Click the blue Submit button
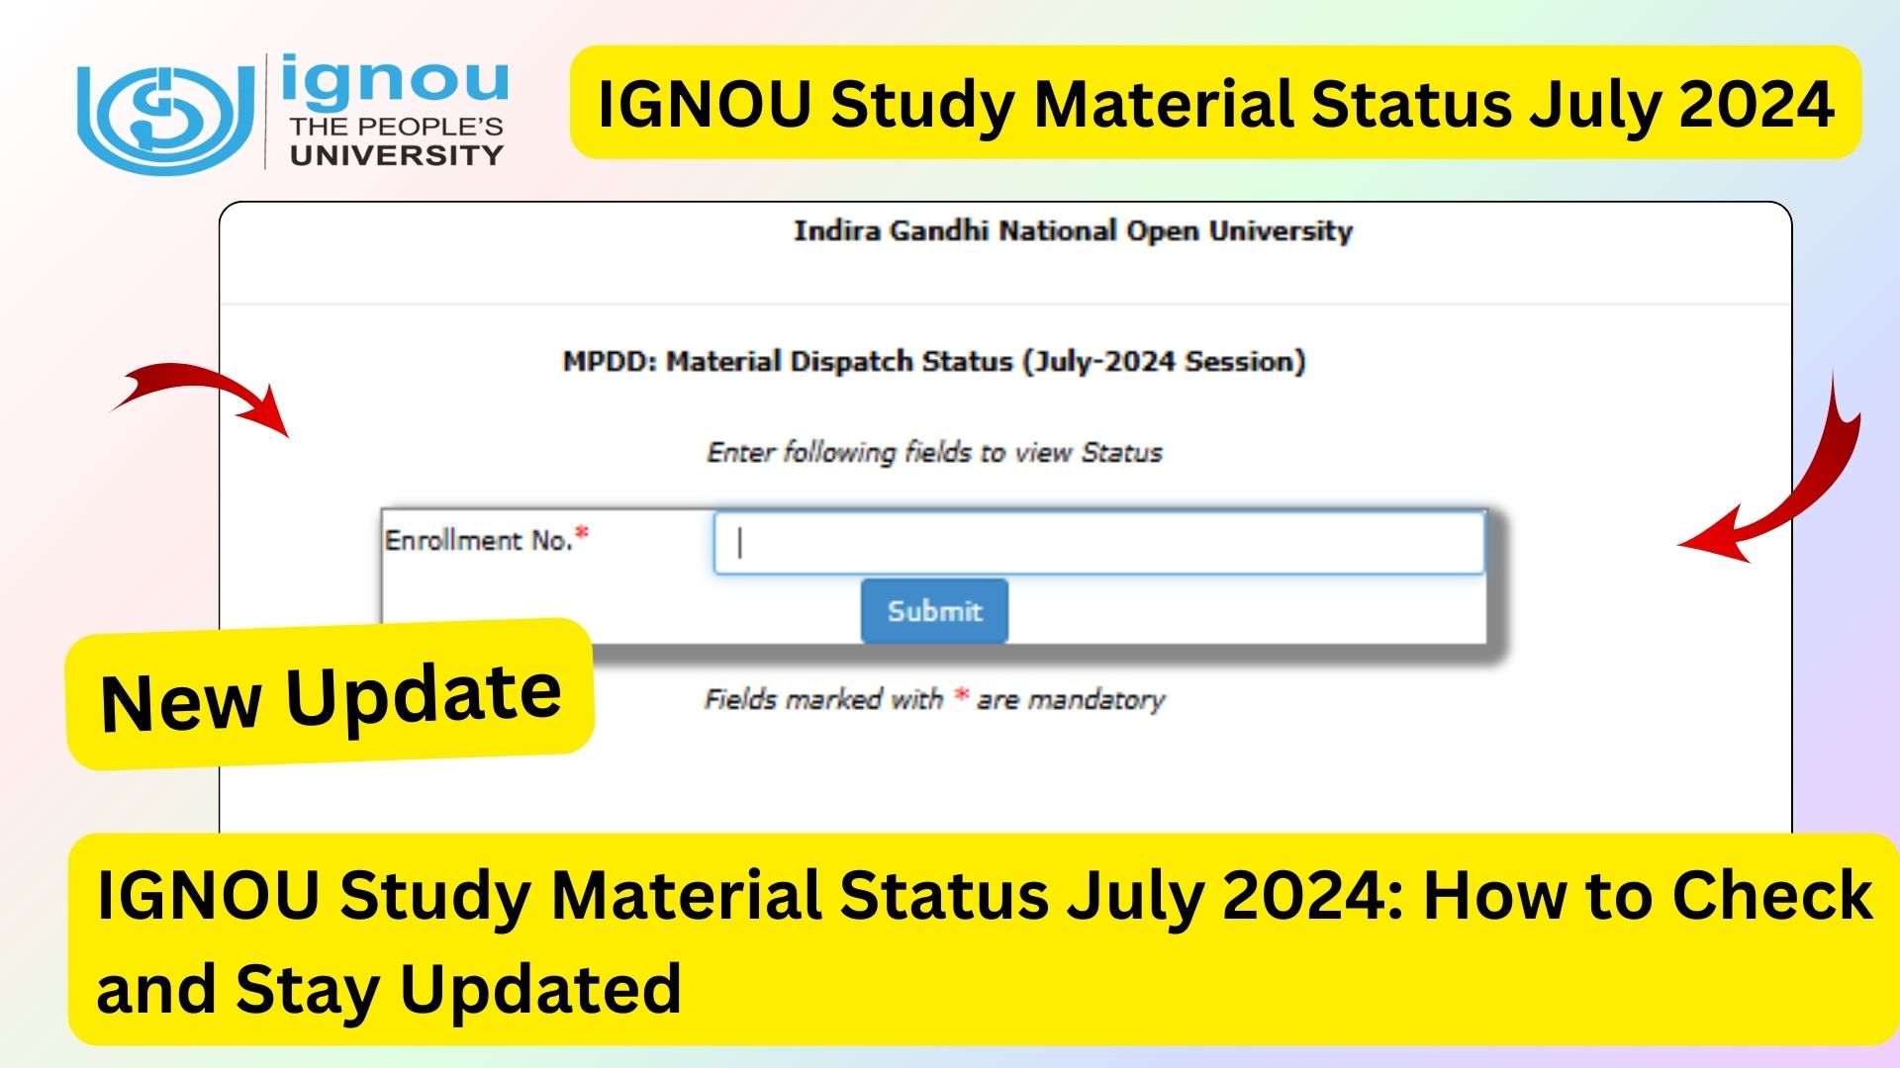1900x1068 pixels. pos(934,611)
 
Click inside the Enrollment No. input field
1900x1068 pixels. pos(1098,542)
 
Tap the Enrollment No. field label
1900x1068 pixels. pos(479,541)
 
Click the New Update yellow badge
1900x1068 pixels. pos(331,695)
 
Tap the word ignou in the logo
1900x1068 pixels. pos(395,83)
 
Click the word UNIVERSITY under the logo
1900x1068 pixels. pos(397,155)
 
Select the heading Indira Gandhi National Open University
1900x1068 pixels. pos(1073,230)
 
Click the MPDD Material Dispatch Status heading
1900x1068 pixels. pos(934,362)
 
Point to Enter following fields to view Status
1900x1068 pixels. pos(934,453)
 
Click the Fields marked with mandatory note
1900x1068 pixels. pos(934,700)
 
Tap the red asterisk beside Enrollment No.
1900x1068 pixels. pos(582,534)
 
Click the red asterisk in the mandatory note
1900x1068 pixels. pos(960,695)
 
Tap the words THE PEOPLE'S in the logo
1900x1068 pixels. pos(397,128)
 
